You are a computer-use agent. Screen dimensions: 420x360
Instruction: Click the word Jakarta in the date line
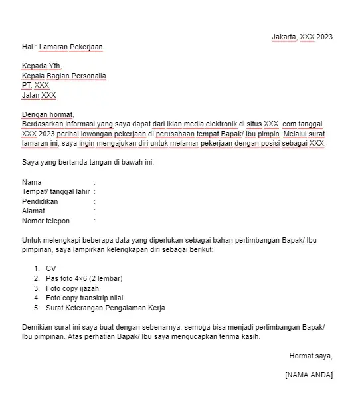click(284, 37)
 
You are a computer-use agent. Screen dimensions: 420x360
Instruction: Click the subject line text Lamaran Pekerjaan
click(71, 47)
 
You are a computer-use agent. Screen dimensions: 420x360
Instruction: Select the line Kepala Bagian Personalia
click(64, 76)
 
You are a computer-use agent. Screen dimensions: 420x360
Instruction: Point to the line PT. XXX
click(36, 86)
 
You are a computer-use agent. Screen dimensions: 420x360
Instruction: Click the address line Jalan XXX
click(39, 95)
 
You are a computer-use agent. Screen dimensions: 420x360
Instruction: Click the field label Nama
click(32, 182)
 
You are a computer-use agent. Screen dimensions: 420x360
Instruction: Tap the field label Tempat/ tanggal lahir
click(56, 191)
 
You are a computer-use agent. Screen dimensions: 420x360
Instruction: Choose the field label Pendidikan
click(40, 201)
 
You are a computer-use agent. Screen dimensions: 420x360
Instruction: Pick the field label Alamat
click(35, 211)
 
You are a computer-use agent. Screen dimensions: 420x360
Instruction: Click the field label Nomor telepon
click(46, 221)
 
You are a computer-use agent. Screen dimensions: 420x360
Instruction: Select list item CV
click(51, 268)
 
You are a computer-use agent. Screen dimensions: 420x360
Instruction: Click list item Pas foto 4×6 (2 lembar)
click(84, 278)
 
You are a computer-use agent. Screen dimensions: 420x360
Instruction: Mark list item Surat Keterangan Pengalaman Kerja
click(105, 308)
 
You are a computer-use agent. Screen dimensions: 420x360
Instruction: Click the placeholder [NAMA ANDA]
click(309, 375)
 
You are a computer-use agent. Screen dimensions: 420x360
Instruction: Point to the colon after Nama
click(95, 182)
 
